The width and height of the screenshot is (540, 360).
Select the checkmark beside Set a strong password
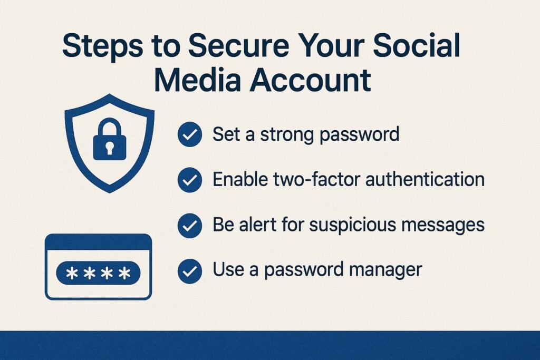(189, 135)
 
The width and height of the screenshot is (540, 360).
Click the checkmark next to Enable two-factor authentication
(189, 181)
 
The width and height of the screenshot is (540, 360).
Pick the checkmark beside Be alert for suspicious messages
(189, 226)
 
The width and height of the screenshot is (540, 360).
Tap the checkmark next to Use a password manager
(189, 271)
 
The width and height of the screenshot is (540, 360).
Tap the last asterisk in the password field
(124, 274)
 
